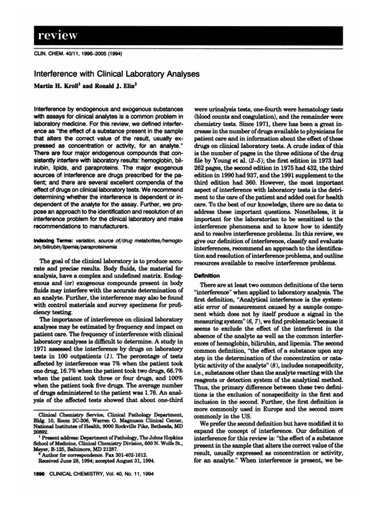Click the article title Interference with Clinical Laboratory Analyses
coord(116,74)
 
